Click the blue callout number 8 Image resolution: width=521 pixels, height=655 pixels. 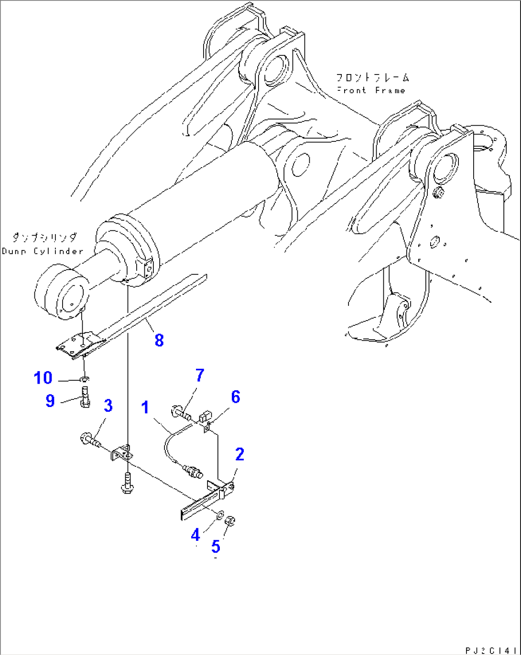(159, 340)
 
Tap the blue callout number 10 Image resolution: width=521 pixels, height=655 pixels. (43, 378)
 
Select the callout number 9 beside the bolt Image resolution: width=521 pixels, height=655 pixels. (50, 400)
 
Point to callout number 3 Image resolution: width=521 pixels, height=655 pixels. (109, 406)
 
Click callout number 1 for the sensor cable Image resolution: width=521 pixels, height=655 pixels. (145, 408)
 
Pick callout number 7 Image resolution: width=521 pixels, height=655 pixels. (199, 376)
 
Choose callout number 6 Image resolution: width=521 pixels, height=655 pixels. (236, 397)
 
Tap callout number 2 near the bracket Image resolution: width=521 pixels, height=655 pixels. (239, 454)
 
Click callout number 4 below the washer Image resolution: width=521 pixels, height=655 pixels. (195, 535)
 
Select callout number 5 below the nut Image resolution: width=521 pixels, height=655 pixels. (216, 546)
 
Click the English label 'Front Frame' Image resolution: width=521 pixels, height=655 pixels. (371, 90)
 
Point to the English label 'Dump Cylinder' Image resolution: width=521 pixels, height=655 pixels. (43, 251)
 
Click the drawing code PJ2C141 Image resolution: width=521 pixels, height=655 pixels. (491, 650)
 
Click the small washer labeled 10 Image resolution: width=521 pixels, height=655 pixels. (84, 380)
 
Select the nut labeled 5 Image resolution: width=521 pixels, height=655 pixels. (230, 521)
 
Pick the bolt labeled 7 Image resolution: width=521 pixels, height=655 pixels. (180, 412)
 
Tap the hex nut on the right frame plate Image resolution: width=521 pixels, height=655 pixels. (437, 193)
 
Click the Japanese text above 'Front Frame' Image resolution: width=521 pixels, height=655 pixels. (373, 77)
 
